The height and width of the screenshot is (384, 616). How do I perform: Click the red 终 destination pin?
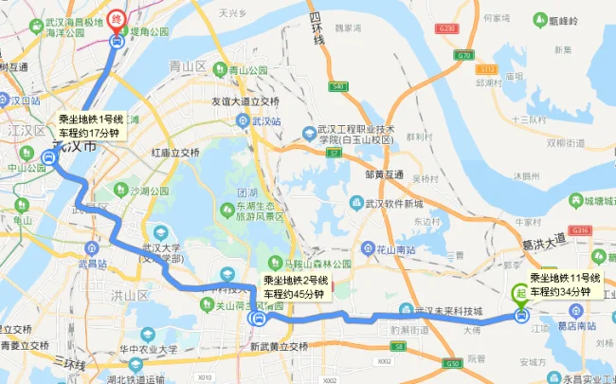coord(116,18)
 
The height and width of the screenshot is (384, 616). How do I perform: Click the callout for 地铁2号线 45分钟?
coord(294,287)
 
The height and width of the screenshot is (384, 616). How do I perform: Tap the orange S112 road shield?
coord(488,69)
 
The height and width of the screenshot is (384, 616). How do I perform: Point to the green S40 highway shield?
coord(336,87)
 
